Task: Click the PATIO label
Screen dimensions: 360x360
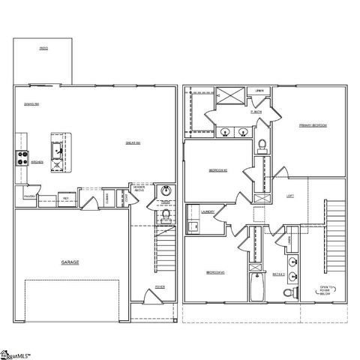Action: coord(43,49)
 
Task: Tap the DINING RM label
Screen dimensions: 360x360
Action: coord(31,104)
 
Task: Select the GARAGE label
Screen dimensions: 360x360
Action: coord(70,262)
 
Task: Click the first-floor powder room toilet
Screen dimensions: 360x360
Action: coord(166,217)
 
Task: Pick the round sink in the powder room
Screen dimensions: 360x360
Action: coord(166,190)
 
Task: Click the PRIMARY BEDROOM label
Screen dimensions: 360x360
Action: coord(312,125)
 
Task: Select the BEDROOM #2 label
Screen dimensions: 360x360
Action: coord(217,170)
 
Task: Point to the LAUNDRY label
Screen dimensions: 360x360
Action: coord(208,212)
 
